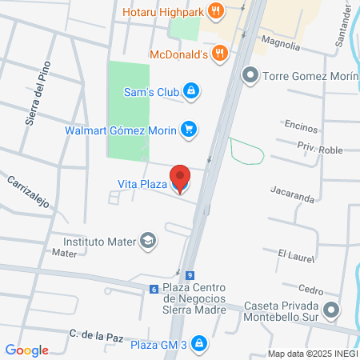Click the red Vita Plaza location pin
[x=181, y=178]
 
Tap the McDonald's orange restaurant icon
[x=221, y=54]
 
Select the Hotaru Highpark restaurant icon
[x=215, y=11]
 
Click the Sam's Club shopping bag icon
[x=190, y=91]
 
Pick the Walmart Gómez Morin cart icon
[x=189, y=128]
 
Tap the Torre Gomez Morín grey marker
[x=250, y=77]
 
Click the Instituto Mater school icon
[x=148, y=240]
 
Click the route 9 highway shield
[x=189, y=274]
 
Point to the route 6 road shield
[x=153, y=289]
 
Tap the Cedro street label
[x=310, y=290]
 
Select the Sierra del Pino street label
[x=38, y=94]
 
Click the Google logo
[x=27, y=350]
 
